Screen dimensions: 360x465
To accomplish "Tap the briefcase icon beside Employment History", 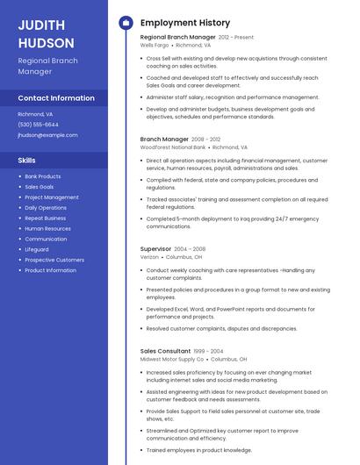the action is (126, 23).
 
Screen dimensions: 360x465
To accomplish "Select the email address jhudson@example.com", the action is (47, 135).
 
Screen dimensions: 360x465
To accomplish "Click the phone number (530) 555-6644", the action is (39, 125).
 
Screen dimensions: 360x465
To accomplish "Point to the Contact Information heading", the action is (56, 98).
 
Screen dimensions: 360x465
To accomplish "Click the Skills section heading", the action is (27, 161).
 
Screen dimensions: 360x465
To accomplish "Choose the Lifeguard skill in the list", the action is (37, 249).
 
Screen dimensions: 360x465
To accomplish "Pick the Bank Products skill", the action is (43, 176).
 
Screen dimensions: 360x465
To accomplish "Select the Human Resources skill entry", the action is (48, 228).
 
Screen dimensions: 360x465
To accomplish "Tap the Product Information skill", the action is (51, 270).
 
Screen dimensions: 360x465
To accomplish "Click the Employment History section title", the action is (185, 23).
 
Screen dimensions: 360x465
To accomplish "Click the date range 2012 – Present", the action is (236, 38).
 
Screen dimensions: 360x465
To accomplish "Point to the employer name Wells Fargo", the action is (155, 46).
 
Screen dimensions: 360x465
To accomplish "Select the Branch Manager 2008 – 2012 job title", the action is (164, 139).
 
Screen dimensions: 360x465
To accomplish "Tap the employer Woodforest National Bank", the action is (173, 147).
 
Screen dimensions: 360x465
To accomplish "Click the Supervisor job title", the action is (156, 249).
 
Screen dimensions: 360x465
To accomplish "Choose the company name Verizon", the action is (150, 257).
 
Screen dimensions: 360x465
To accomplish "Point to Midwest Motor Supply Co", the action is (172, 359).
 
